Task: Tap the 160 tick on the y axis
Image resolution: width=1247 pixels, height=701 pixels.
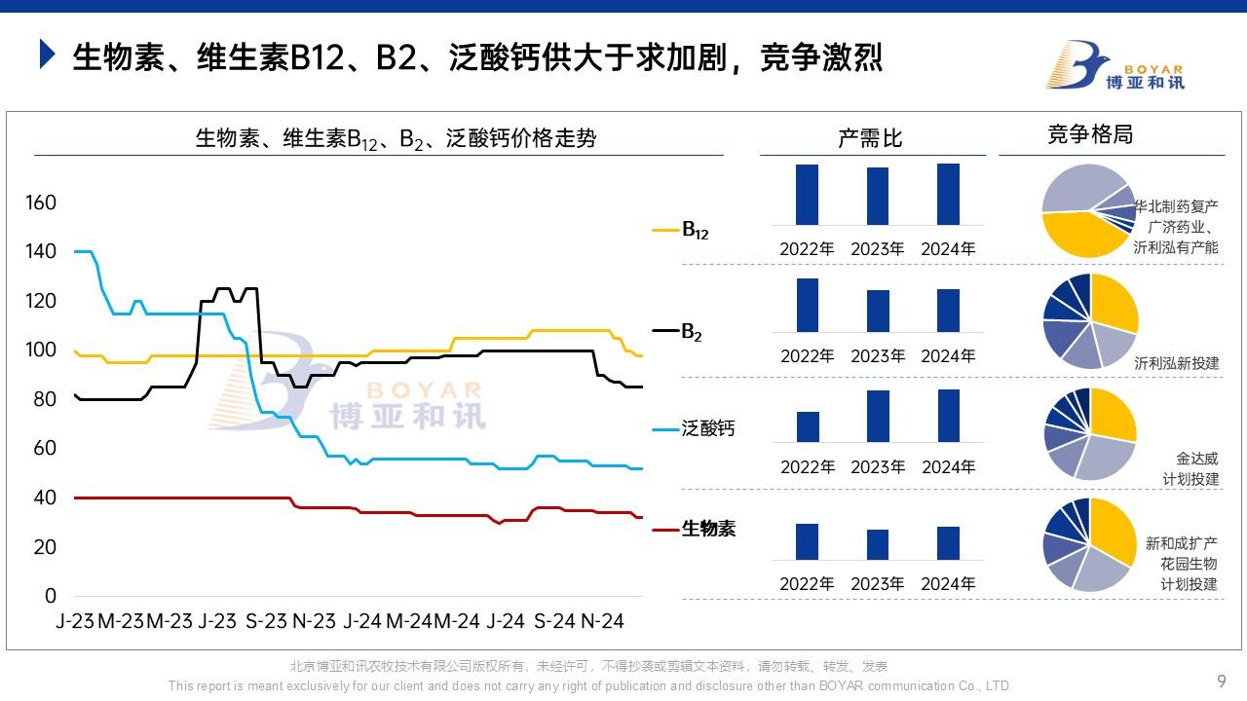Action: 41,203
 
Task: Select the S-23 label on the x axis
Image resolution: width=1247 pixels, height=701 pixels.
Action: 265,621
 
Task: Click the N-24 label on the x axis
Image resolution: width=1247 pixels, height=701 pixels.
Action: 603,621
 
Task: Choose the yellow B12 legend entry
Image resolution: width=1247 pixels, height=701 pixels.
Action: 682,231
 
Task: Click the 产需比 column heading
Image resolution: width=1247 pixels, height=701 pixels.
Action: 870,138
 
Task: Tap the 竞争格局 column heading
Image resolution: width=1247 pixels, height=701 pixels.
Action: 1089,134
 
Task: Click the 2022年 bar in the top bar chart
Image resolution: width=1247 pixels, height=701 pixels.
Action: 807,195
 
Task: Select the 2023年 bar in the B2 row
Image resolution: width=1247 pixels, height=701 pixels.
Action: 878,311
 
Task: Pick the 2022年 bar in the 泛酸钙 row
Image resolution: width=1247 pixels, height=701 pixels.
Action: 808,426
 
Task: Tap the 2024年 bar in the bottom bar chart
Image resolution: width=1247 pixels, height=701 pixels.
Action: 948,542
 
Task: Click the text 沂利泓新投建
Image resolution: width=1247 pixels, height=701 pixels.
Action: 1176,363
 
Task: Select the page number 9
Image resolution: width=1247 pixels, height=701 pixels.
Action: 1222,681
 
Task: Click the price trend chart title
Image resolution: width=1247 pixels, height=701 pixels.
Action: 396,138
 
